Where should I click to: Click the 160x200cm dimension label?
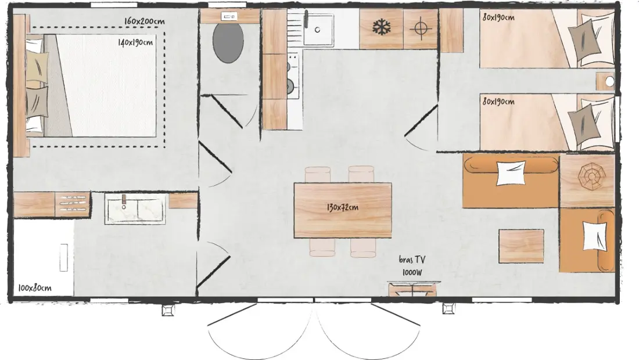click(144, 21)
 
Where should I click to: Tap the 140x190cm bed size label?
click(135, 42)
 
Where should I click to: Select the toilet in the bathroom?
click(228, 42)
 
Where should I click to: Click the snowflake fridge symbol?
click(382, 28)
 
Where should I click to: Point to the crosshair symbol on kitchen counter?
click(421, 28)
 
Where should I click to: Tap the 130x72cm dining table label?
click(342, 207)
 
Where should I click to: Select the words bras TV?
click(412, 260)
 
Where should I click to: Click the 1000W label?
click(412, 272)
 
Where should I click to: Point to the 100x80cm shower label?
click(35, 288)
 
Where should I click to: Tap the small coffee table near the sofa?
click(521, 246)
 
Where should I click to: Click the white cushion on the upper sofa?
click(511, 172)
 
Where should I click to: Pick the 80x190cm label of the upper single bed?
click(498, 17)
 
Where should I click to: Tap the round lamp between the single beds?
click(609, 81)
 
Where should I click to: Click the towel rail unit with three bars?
click(73, 204)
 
